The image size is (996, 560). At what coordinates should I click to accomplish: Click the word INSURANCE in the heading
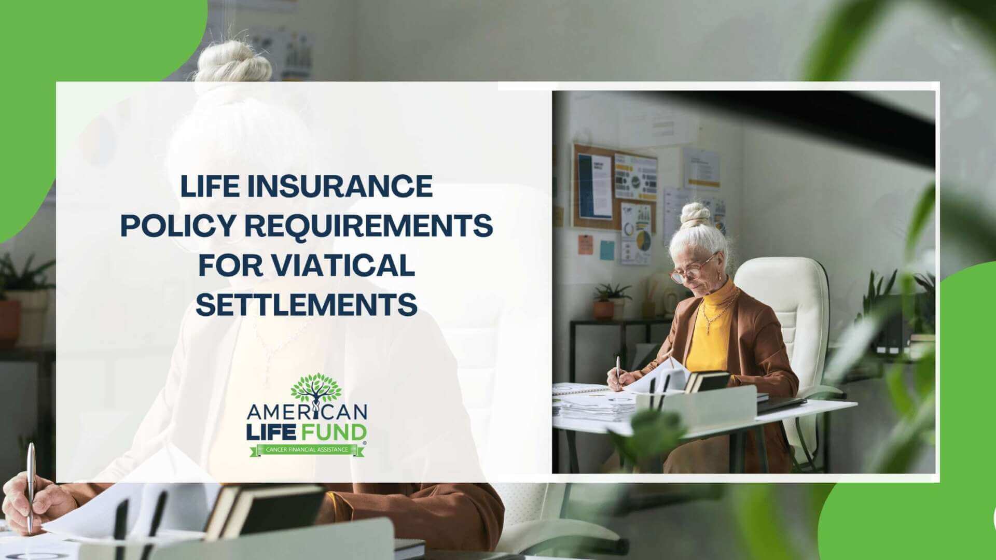340,186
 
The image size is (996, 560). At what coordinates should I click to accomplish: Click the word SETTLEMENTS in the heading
307,304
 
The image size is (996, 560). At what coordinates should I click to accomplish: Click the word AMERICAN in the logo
307,413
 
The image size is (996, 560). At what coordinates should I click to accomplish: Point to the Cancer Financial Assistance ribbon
307,450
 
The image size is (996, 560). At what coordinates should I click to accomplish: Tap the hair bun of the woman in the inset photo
695,213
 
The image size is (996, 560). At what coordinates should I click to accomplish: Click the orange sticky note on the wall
586,244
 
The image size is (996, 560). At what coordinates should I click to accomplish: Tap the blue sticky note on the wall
607,250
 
